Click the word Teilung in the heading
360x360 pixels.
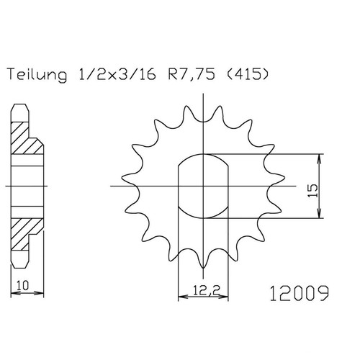[x=37, y=74]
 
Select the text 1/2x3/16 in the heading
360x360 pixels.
[x=117, y=74]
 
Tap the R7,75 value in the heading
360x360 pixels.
[x=192, y=74]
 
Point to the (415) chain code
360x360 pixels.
[x=247, y=74]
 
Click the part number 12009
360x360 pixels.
[x=299, y=293]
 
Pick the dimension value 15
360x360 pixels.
[x=312, y=191]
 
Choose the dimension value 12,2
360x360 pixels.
[x=207, y=291]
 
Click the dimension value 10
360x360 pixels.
[x=22, y=285]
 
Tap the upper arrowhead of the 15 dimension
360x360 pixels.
[x=319, y=158]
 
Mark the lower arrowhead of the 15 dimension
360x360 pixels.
[x=319, y=214]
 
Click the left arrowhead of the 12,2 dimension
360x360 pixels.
[x=183, y=297]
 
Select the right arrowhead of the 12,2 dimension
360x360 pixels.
[x=223, y=297]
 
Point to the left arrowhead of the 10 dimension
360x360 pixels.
[x=15, y=293]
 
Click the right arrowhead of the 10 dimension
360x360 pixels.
[x=39, y=293]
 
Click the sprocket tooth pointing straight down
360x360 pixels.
[x=203, y=261]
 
